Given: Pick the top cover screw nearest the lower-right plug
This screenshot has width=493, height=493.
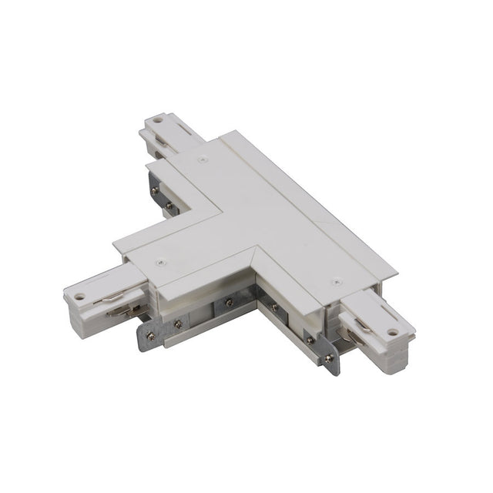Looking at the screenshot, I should click(x=333, y=283).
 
